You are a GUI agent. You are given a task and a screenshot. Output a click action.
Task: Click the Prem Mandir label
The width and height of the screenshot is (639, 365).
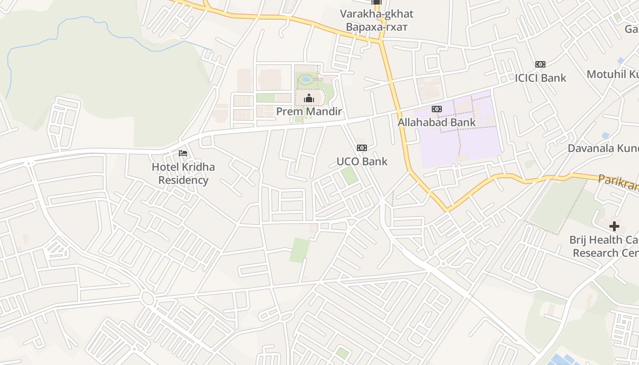(309, 111)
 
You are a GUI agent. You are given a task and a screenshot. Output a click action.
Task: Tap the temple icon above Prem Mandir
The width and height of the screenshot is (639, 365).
(309, 98)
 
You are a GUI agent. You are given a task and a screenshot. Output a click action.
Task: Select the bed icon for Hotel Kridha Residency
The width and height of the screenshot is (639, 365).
(183, 153)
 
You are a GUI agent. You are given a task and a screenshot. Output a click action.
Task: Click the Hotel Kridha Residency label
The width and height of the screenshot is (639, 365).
(183, 173)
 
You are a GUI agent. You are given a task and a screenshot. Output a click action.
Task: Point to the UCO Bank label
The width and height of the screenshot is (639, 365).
(362, 161)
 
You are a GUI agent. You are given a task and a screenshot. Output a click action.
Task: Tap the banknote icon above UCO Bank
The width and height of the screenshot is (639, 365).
(362, 147)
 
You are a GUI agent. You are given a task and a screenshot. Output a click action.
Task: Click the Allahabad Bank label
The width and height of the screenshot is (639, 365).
(436, 122)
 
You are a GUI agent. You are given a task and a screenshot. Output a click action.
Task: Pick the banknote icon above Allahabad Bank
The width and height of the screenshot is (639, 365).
(437, 109)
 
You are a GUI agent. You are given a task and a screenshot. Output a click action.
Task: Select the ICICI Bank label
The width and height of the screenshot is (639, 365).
(540, 78)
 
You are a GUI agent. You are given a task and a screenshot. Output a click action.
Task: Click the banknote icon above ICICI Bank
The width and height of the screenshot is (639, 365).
(540, 64)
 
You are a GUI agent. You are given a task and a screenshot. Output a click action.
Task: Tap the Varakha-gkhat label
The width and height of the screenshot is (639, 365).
(377, 14)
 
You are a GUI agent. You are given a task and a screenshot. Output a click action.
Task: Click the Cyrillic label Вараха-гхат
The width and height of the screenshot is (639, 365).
(377, 26)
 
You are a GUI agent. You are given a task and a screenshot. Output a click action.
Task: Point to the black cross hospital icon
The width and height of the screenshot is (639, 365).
(614, 226)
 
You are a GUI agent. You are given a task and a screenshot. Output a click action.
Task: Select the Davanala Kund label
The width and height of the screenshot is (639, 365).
(603, 148)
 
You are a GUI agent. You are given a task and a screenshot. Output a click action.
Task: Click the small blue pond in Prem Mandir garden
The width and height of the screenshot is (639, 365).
(306, 79)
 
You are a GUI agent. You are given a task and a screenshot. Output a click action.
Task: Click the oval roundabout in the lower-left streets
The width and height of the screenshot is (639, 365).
(147, 299)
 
